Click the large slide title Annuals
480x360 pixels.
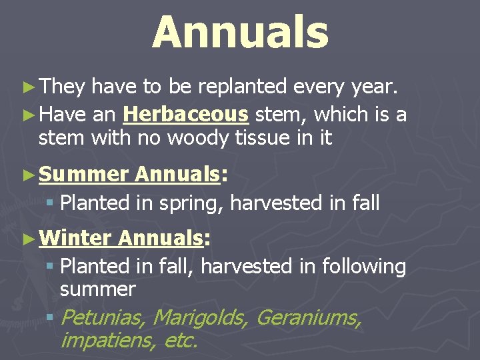point(240,33)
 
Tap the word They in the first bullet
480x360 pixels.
point(62,87)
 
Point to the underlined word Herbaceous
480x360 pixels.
point(186,115)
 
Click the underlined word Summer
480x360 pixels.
point(83,175)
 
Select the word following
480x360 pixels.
point(364,267)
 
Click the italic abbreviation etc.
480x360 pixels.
point(181,341)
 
